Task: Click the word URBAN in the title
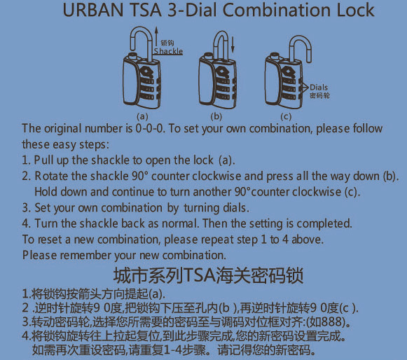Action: [93, 10]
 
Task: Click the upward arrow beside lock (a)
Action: [156, 36]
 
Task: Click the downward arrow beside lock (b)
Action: [233, 45]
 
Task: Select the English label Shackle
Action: [168, 51]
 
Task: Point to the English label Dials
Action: [319, 88]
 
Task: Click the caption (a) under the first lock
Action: [142, 116]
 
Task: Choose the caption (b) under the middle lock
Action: [216, 116]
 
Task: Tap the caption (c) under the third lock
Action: [286, 116]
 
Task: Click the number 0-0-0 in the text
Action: [150, 128]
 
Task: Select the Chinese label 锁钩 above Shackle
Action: [167, 43]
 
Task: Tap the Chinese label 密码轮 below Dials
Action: [319, 95]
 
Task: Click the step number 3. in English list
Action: [27, 208]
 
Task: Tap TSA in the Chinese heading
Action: [200, 276]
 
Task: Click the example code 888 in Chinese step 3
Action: [333, 322]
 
